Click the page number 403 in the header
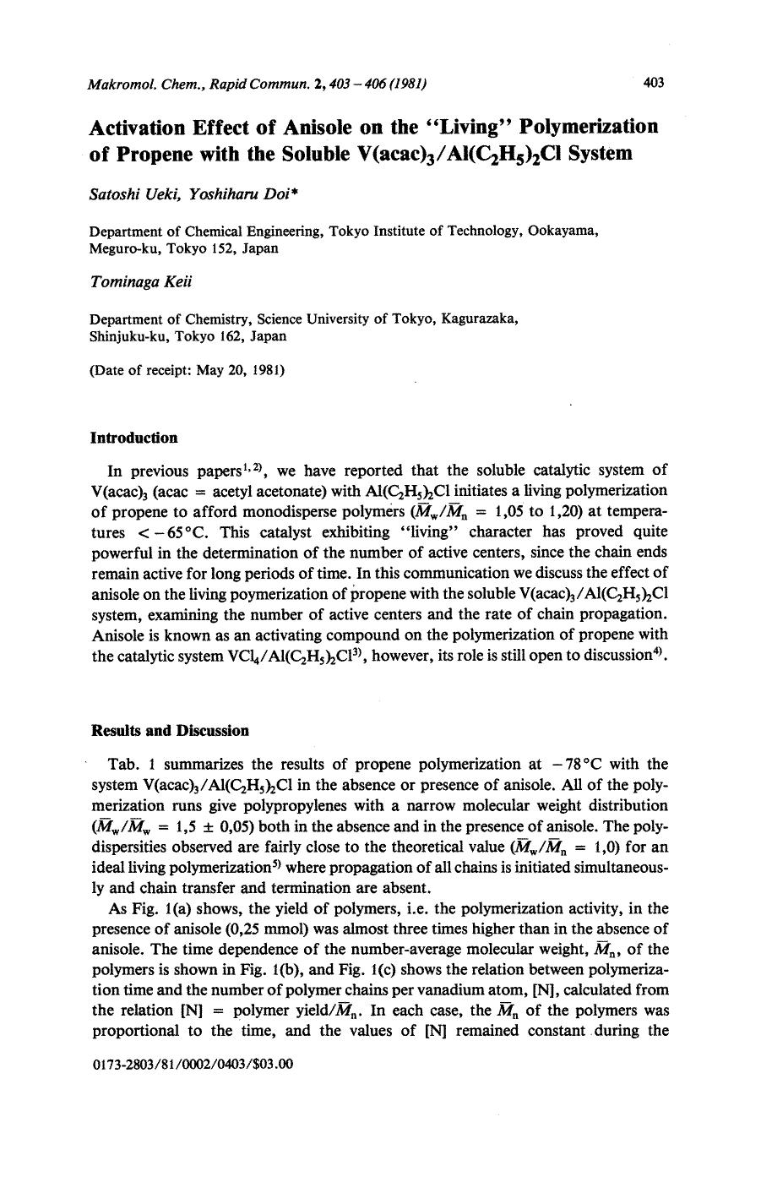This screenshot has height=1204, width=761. pos(654,82)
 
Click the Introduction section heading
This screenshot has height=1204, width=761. pos(133,438)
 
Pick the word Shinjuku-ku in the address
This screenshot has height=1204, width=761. pos(125,335)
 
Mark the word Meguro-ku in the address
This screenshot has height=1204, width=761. pos(121,248)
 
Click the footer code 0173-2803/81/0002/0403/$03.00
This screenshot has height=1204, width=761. pos(190,1065)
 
